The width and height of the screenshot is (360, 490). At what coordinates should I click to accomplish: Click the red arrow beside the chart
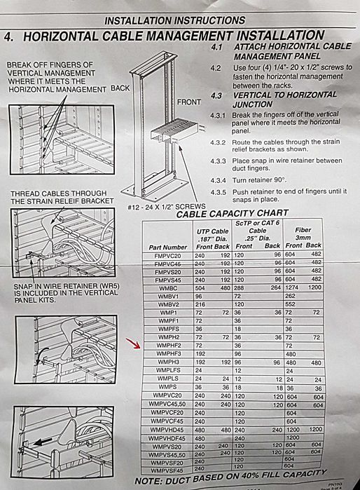click(130, 343)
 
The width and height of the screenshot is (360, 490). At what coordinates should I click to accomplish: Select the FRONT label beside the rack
click(188, 102)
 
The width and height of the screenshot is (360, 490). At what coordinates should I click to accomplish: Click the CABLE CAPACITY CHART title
click(231, 214)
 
